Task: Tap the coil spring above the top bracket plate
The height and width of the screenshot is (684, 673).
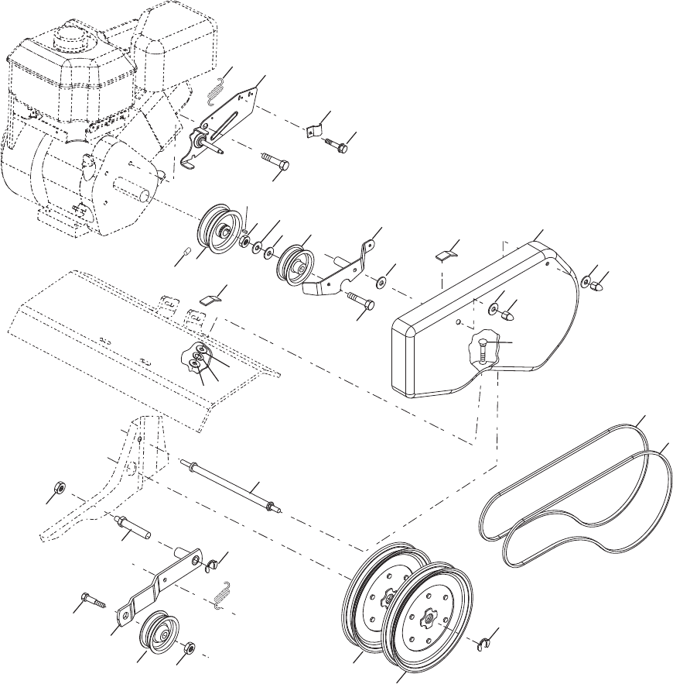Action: pyautogui.click(x=218, y=92)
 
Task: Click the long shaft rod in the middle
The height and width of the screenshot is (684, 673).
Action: pyautogui.click(x=232, y=485)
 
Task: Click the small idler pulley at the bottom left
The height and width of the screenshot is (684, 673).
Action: pyautogui.click(x=157, y=628)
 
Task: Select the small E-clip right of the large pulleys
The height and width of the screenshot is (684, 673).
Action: pyautogui.click(x=483, y=642)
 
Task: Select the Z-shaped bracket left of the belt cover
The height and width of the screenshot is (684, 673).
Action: pyautogui.click(x=340, y=267)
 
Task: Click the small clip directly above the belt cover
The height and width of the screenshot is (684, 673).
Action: pyautogui.click(x=446, y=254)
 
